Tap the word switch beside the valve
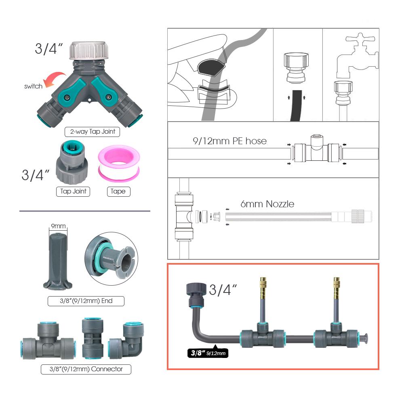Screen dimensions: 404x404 tap(33, 86)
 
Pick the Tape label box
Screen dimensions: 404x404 tap(118, 191)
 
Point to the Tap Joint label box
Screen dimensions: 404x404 tap(73, 191)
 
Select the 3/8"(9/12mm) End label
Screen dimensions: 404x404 tap(86, 301)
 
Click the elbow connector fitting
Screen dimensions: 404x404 tap(127, 341)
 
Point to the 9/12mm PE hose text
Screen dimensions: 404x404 tap(229, 141)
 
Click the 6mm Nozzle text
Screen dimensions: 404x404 tap(267, 204)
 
